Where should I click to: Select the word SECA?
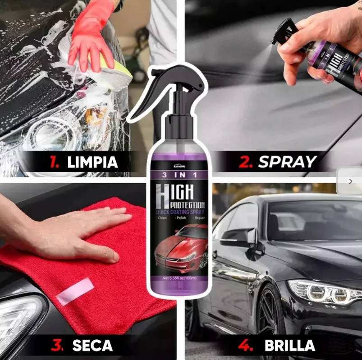[x=92, y=346]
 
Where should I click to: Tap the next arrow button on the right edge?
[x=351, y=181]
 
